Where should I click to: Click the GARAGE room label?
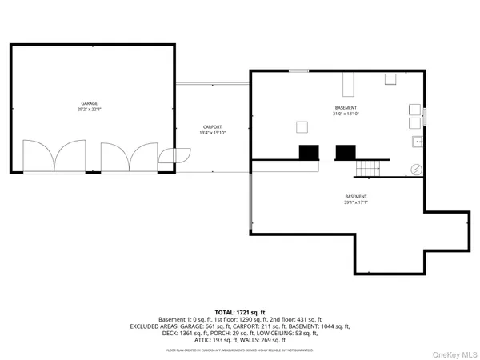click(x=89, y=104)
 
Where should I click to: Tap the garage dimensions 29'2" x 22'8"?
click(x=89, y=110)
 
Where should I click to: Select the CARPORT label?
click(x=212, y=126)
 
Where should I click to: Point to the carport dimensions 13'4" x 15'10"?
click(x=212, y=133)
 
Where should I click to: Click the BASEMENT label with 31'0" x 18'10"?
click(x=346, y=107)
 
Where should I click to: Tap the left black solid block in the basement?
click(x=309, y=152)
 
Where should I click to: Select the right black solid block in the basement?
click(x=346, y=152)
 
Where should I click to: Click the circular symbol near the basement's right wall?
click(x=416, y=169)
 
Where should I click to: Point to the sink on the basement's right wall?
click(x=417, y=142)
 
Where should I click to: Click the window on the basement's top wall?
click(x=298, y=71)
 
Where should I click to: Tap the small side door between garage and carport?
click(x=169, y=157)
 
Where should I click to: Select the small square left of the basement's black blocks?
click(x=302, y=126)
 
